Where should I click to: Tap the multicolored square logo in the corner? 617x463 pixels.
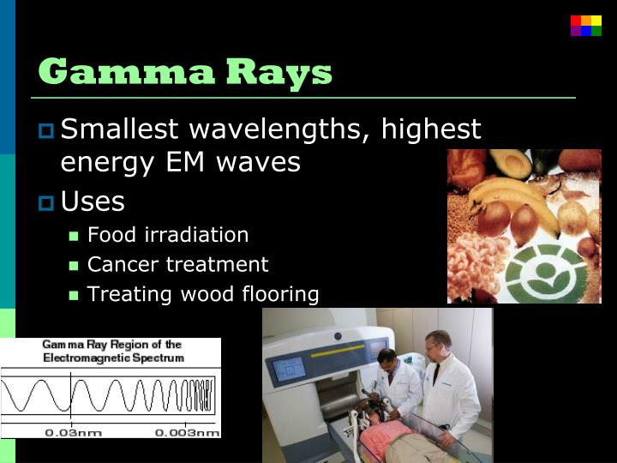[586, 26]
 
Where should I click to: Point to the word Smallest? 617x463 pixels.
[120, 129]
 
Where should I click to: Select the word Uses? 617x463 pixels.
[93, 202]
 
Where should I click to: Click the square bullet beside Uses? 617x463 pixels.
[46, 203]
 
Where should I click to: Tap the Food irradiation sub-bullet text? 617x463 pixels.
[168, 235]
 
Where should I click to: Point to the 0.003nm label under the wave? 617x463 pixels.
[188, 432]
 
